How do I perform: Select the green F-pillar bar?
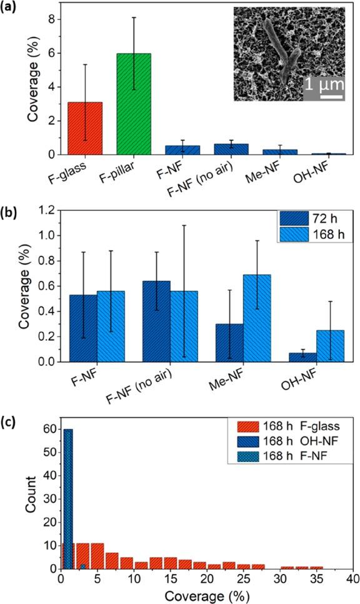[134, 104]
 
